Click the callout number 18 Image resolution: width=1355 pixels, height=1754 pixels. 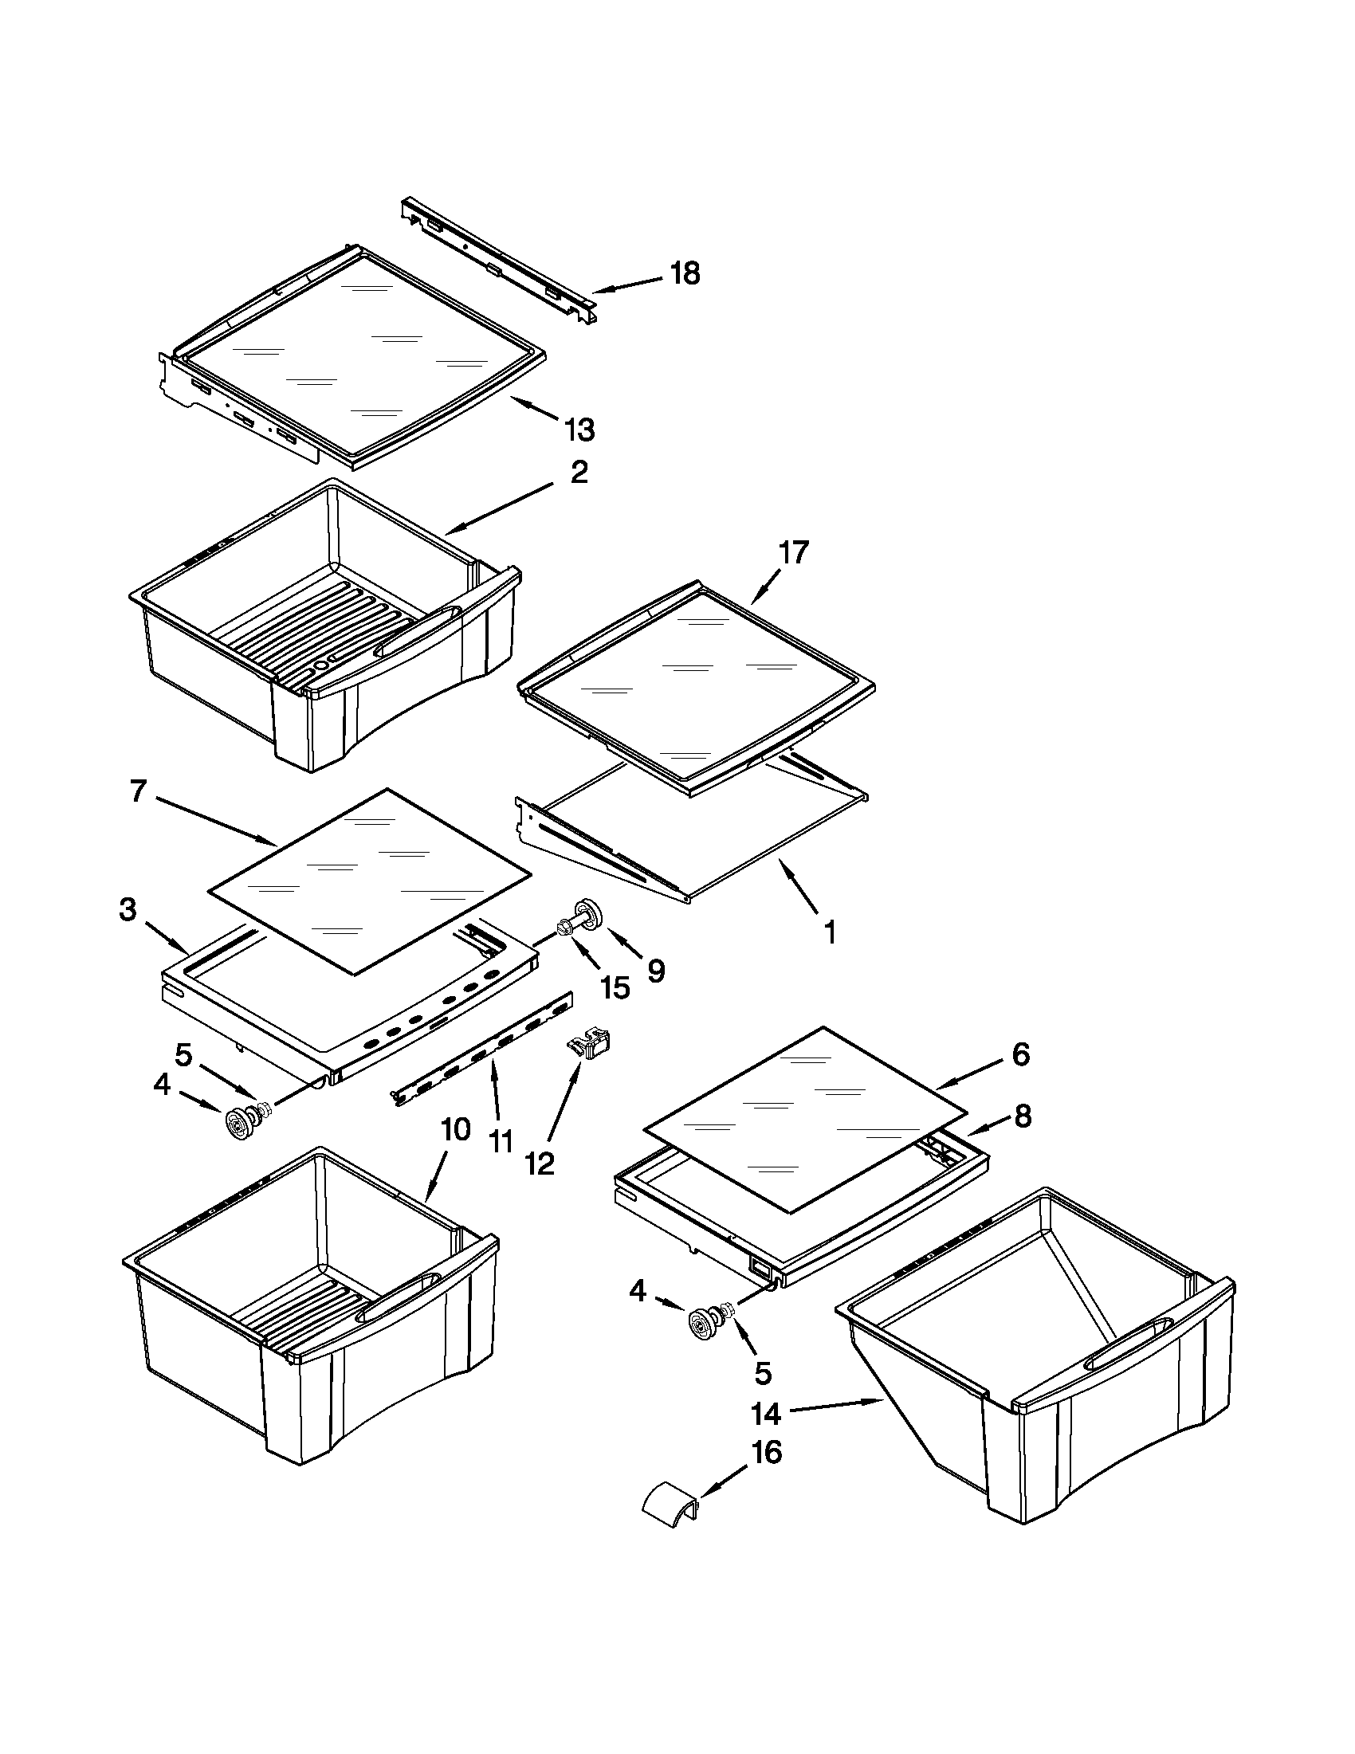pyautogui.click(x=685, y=274)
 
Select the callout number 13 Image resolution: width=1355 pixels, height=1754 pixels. pyautogui.click(x=579, y=430)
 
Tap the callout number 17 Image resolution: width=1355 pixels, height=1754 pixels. pyautogui.click(x=793, y=552)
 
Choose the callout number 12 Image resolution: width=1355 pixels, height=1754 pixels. pyautogui.click(x=540, y=1163)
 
